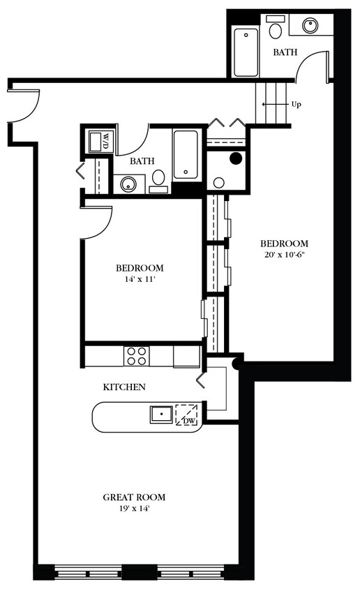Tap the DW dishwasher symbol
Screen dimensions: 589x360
coord(186,417)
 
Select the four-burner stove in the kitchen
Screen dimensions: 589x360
coord(136,356)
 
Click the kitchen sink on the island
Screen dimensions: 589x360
coord(161,415)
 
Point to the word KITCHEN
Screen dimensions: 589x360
coord(124,387)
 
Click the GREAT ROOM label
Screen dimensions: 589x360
coord(134,497)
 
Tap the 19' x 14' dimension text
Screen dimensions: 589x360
coord(134,509)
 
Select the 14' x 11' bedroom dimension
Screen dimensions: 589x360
coord(140,279)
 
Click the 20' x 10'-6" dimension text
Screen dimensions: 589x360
coord(284,255)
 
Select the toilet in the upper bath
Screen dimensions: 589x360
coord(276,29)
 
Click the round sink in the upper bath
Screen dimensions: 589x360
coord(310,26)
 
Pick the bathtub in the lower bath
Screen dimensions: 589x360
coord(186,154)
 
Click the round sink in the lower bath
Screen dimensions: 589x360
coord(128,184)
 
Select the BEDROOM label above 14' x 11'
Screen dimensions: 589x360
coord(140,268)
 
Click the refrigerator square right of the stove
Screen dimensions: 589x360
coord(186,356)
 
